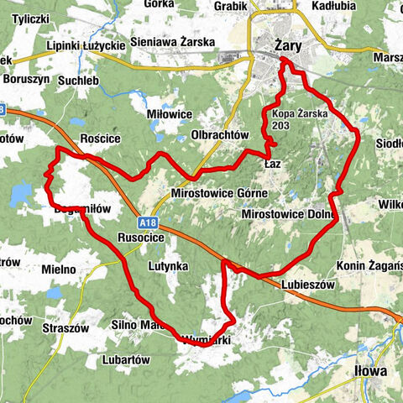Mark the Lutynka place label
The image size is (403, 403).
point(168,266)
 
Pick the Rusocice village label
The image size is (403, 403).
point(141,238)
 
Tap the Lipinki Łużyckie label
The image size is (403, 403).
point(86,44)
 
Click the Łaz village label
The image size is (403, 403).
point(271,164)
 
